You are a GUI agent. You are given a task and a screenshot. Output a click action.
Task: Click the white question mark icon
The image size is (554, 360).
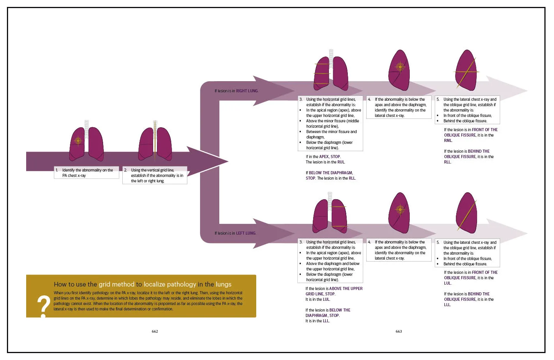(43, 306)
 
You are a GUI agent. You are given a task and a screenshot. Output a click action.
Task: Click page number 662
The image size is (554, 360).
(155, 331)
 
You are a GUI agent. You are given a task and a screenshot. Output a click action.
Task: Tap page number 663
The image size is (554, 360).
(399, 331)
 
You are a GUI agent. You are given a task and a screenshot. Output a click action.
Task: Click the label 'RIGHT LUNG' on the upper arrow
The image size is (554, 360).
(247, 91)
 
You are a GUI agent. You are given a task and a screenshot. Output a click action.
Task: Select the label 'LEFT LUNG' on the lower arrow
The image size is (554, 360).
(245, 233)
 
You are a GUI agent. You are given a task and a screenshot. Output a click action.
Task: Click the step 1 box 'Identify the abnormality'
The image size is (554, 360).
(87, 173)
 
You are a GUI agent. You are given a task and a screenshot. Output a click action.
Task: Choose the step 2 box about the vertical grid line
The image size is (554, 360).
(155, 175)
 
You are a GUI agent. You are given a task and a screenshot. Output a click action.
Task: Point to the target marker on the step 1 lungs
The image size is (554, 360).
(78, 141)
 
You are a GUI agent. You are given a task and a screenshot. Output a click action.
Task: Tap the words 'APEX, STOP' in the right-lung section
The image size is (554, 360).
(330, 157)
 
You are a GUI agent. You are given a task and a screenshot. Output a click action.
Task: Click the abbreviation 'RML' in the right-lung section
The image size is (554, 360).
(448, 141)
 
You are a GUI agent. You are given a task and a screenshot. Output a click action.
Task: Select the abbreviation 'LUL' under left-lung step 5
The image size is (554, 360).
(447, 283)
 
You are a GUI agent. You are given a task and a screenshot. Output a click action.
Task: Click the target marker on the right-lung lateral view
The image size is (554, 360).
(400, 67)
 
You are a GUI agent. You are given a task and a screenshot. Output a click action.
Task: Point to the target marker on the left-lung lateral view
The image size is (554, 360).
(400, 210)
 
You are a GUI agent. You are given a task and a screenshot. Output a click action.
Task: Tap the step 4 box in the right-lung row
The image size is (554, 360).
(399, 107)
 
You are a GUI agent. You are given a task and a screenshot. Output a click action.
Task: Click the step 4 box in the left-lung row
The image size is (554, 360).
(399, 250)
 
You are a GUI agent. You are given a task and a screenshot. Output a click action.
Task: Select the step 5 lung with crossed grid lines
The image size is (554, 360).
(466, 70)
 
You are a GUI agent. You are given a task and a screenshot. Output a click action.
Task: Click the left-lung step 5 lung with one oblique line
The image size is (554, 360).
(466, 213)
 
